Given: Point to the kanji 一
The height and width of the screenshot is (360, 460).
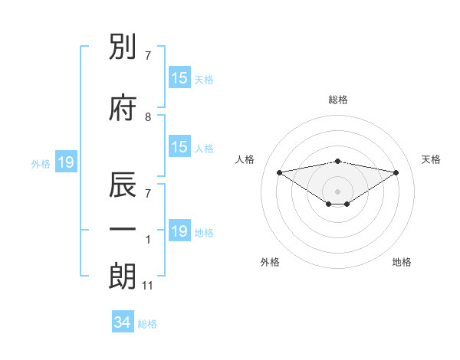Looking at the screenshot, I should point(123,230).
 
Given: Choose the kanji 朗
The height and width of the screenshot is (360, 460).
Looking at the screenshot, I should point(123,277).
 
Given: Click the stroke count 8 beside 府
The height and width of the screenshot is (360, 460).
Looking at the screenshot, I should point(148,116).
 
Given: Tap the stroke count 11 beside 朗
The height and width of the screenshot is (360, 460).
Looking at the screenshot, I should point(148,286).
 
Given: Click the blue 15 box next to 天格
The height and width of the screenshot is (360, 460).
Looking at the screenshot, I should point(179,78).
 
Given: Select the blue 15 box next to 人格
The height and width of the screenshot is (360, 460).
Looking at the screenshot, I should point(179,147).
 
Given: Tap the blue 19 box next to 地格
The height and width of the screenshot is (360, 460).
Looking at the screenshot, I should point(179,231).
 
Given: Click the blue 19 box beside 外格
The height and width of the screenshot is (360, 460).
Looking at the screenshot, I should point(65,162).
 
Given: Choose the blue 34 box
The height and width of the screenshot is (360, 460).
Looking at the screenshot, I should point(122,322).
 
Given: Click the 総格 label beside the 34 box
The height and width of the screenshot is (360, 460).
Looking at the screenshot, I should point(147,324).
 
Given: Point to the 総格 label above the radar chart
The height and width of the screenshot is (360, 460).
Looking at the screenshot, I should point(337,100).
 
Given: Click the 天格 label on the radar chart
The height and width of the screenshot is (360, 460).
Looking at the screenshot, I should point(431,159).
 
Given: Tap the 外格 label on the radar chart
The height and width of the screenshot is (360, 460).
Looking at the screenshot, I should point(270,262).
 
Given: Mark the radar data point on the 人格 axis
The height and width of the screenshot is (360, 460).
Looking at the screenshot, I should point(279,172).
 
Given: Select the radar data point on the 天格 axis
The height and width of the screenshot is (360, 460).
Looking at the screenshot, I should point(396,172).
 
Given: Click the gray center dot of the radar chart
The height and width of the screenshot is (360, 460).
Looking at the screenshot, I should point(337,191).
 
